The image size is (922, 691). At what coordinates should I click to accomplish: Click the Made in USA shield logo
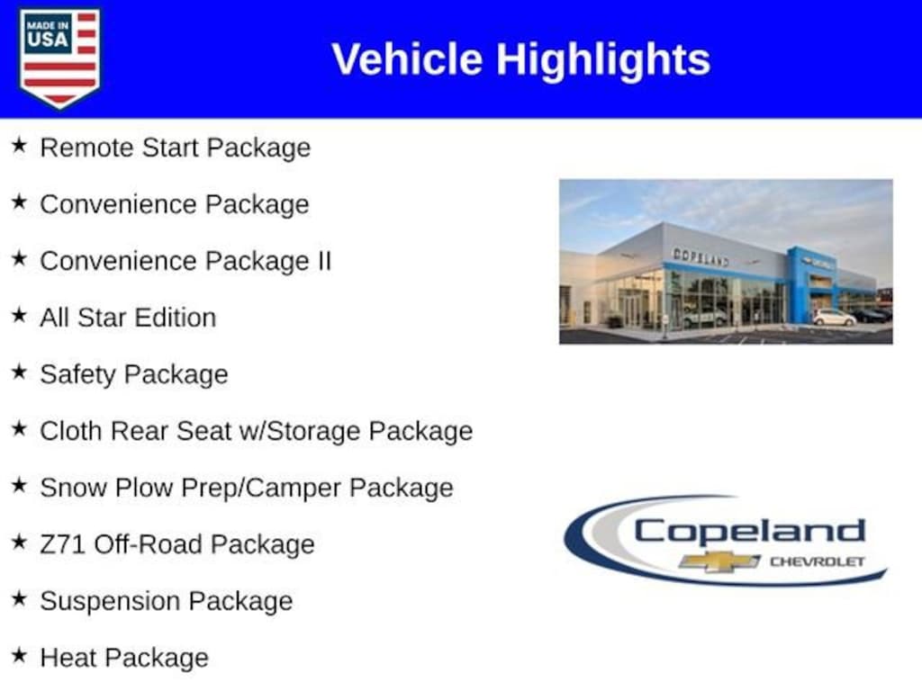coord(59,58)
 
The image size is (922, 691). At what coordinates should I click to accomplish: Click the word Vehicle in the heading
coord(407,58)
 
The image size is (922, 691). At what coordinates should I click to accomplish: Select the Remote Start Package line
coord(176,148)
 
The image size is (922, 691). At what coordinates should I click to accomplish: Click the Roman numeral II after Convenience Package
coord(324,260)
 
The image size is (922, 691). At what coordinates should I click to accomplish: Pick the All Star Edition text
coord(128,318)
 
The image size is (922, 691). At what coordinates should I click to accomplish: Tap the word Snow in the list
coord(74,488)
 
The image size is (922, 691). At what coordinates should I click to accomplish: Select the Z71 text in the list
coord(63,544)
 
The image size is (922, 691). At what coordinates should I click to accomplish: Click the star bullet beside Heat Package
coord(20,655)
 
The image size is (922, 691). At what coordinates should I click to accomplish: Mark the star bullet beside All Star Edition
coord(20,315)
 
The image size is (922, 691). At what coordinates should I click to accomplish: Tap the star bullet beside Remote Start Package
coord(20,145)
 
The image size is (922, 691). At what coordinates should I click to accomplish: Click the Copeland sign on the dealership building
coord(701,256)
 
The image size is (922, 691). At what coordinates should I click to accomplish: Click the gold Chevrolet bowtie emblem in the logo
coord(719,561)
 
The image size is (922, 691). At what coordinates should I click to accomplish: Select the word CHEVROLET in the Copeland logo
coord(818,561)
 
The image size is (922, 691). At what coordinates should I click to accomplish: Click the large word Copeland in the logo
coord(750,533)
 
